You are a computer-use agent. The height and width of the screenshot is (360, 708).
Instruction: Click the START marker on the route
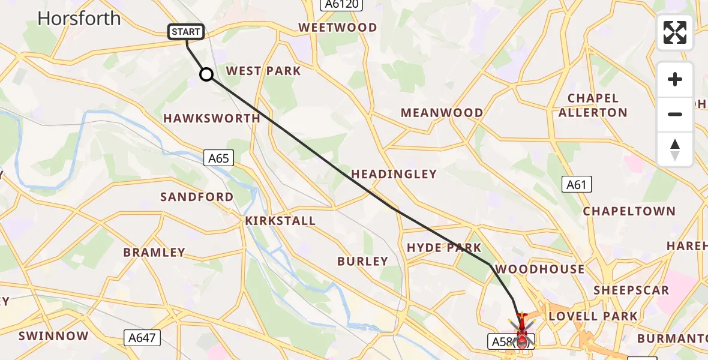point(187,32)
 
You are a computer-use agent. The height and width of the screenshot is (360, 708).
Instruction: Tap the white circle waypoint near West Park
point(206,74)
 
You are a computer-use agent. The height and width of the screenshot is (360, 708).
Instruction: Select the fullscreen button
point(675,32)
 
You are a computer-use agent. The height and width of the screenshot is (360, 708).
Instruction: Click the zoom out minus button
point(675,114)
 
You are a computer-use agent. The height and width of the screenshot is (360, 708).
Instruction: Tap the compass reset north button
point(675,149)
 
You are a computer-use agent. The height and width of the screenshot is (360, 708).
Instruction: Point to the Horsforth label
point(79,19)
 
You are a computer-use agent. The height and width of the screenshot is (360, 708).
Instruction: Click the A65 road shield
point(218,158)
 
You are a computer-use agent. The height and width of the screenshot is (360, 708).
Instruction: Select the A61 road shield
point(577,185)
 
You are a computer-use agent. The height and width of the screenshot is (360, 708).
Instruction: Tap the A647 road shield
point(142,338)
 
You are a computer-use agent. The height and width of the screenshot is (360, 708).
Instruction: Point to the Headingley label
point(394,174)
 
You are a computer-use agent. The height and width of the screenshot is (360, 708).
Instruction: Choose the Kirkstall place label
point(280,221)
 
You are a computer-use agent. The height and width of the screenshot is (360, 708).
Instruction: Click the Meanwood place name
point(442,113)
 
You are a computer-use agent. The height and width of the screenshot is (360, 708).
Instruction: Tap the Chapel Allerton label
point(593,105)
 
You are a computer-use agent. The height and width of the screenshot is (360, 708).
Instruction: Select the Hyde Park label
point(444,248)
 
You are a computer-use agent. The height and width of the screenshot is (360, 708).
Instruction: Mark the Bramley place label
point(154,253)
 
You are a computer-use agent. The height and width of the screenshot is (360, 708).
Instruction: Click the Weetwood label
point(338,28)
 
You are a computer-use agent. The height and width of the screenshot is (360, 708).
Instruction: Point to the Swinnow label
point(53,336)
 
